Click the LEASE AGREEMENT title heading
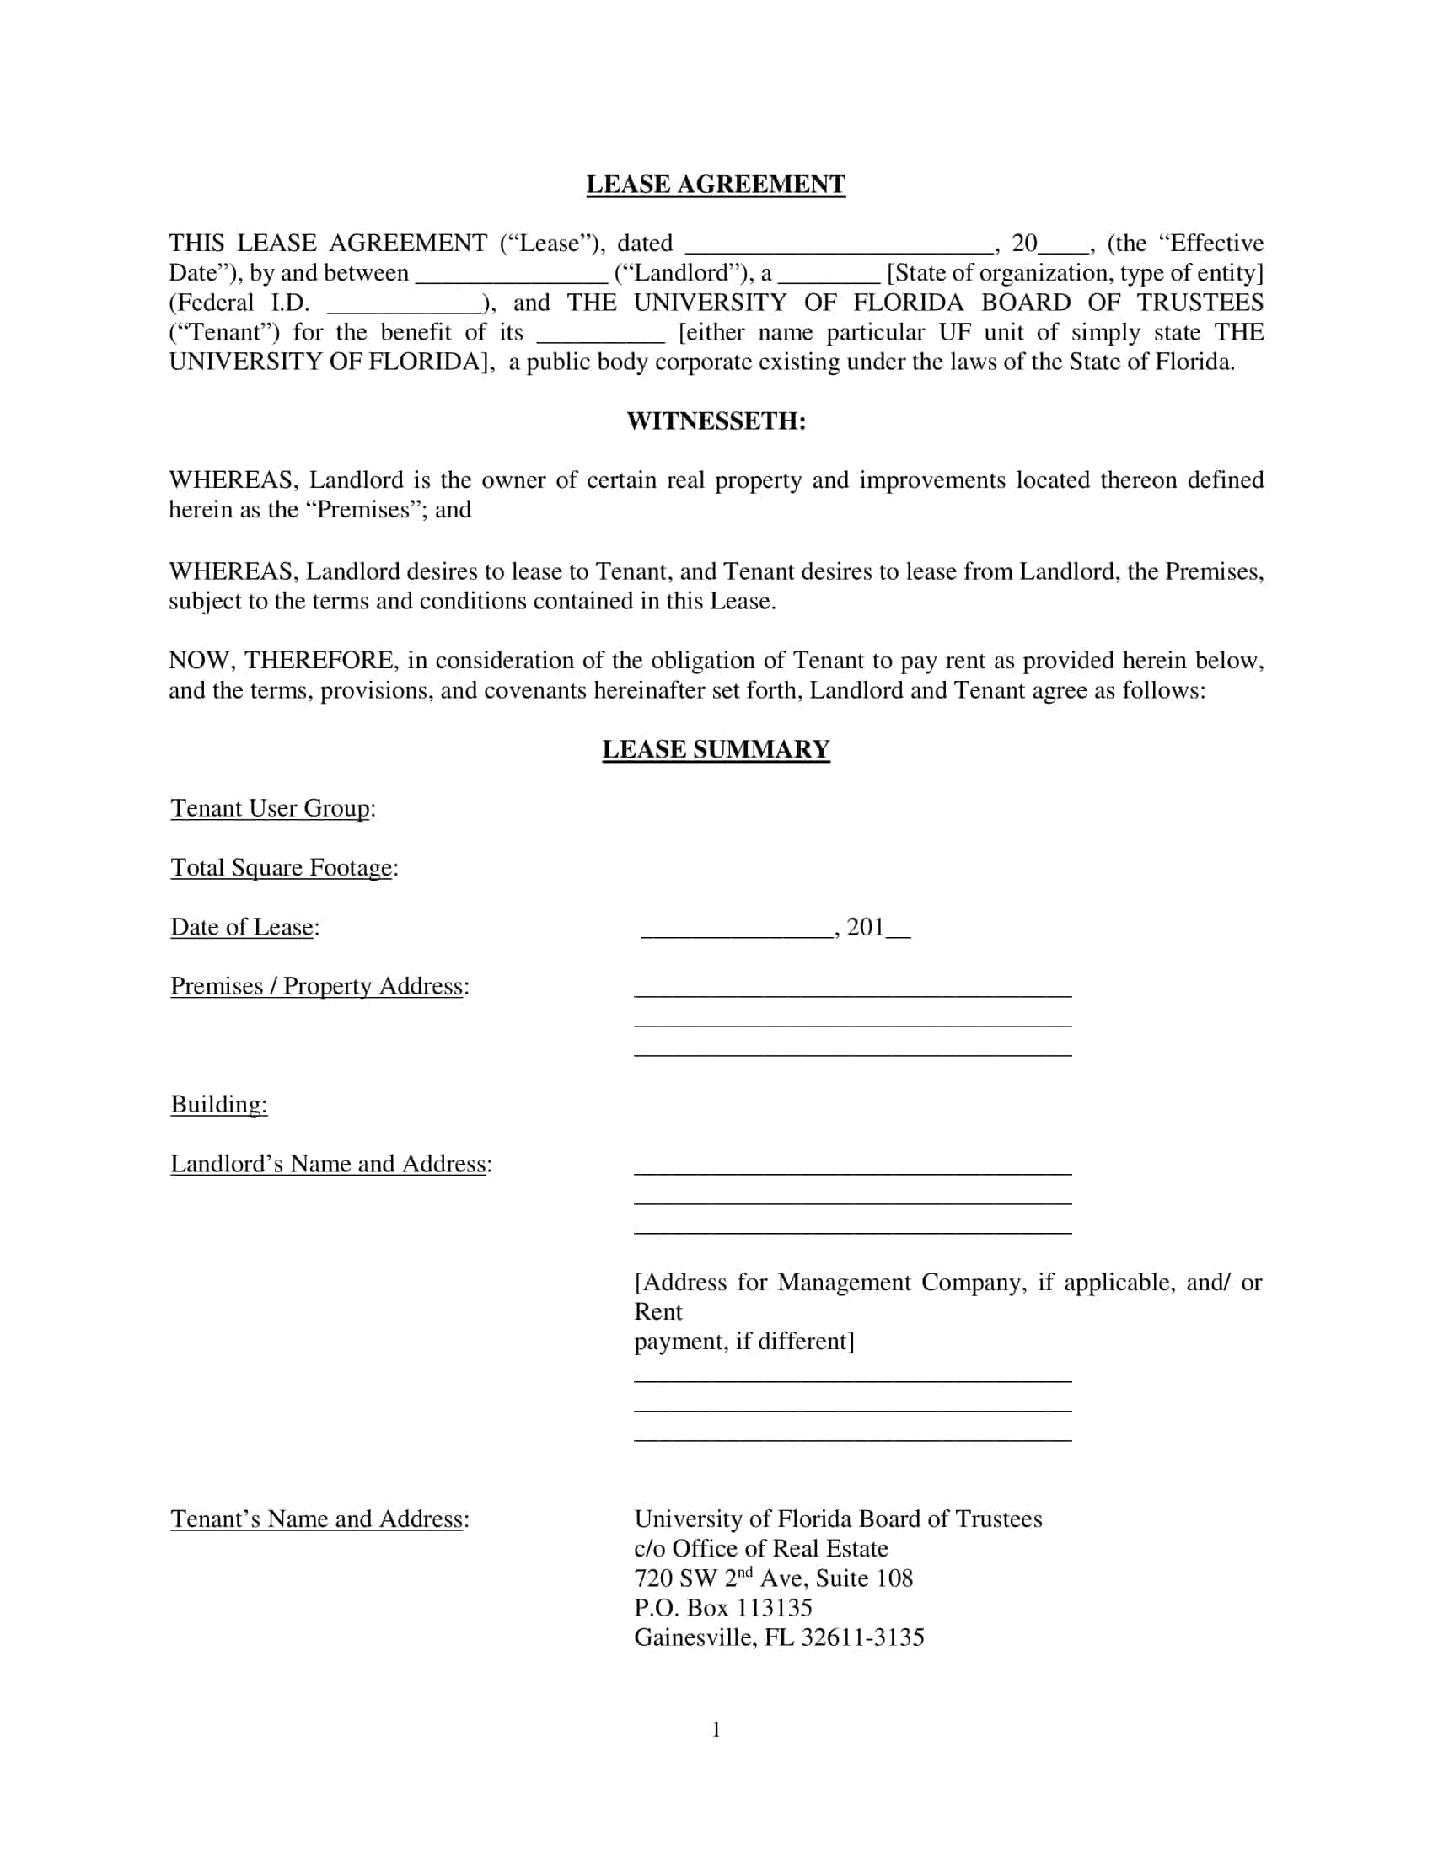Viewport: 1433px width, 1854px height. [x=716, y=185]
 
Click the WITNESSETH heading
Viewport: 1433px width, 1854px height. [x=716, y=421]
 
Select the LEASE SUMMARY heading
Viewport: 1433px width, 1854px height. [x=716, y=749]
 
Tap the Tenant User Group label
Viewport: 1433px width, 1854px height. [x=272, y=808]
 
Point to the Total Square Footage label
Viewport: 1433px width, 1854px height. [x=283, y=867]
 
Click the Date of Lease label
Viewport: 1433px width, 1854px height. [x=244, y=927]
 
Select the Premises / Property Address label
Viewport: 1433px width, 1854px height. [x=319, y=987]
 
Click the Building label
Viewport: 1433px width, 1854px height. [x=219, y=1105]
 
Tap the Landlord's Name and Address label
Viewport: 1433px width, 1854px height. [x=330, y=1164]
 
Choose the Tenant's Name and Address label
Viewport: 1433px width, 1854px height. [x=319, y=1519]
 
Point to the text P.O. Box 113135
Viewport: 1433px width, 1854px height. [x=722, y=1608]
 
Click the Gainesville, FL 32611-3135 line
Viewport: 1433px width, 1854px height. [x=779, y=1637]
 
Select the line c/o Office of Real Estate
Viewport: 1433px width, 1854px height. [x=760, y=1548]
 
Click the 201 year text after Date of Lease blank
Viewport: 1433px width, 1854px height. [x=865, y=927]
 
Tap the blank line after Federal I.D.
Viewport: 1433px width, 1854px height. [x=404, y=304]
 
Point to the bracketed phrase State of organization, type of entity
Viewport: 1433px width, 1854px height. [x=1075, y=273]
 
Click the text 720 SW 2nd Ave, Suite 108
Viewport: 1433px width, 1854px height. [x=772, y=1578]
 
